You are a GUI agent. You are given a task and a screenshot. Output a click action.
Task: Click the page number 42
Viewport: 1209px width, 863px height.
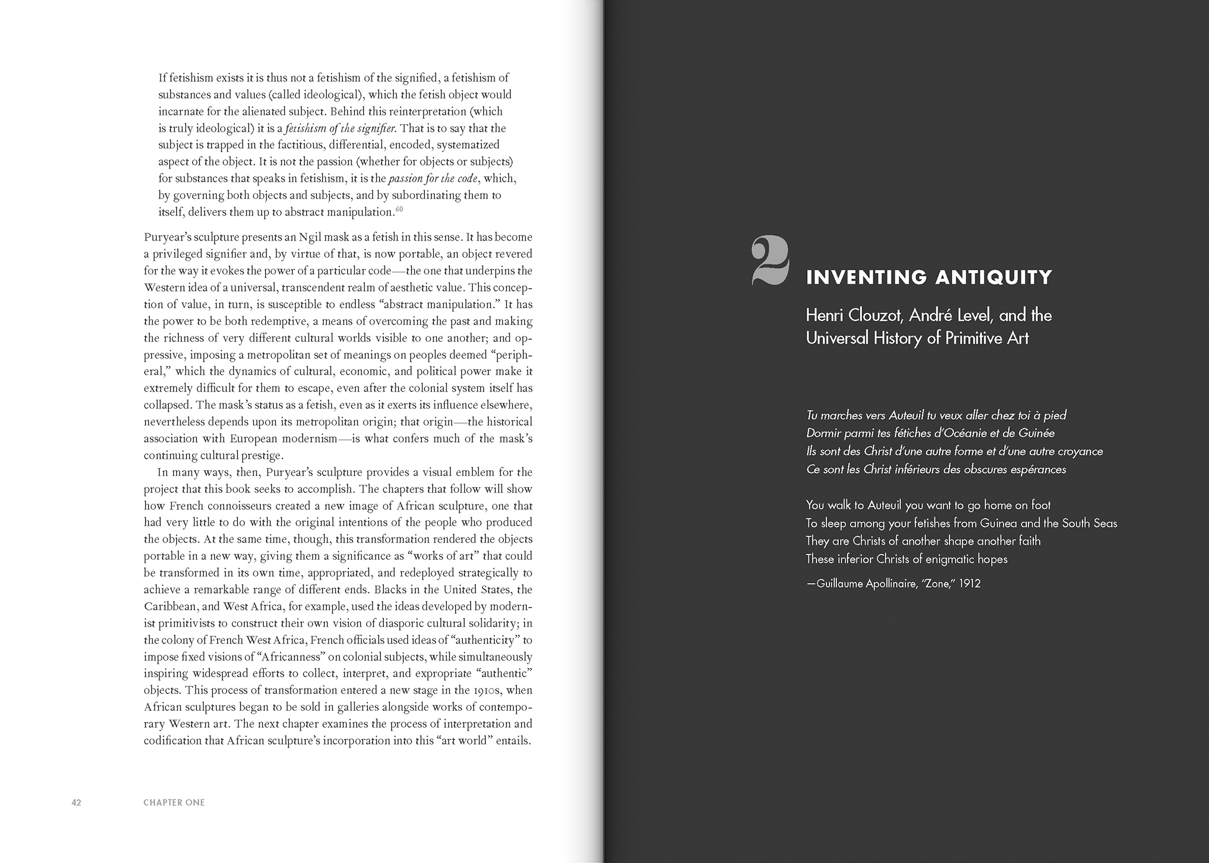click(x=76, y=802)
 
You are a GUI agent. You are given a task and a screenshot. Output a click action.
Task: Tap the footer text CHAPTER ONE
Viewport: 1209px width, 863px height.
click(x=174, y=802)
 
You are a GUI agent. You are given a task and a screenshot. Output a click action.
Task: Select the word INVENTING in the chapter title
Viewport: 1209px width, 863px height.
click(x=866, y=277)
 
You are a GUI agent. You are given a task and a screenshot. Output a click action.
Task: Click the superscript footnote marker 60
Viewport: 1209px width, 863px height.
click(x=399, y=209)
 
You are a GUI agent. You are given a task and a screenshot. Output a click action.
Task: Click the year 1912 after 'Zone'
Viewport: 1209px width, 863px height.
click(x=969, y=584)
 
